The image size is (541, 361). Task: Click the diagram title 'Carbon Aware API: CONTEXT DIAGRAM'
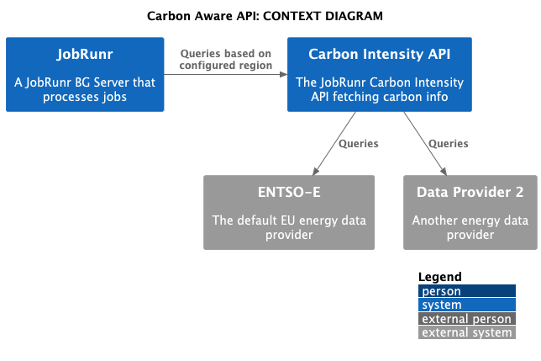[265, 16]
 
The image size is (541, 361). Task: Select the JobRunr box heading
[85, 54]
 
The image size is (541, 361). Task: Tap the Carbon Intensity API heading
[379, 54]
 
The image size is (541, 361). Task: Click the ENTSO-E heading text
[289, 192]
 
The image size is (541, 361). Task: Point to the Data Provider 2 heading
[470, 192]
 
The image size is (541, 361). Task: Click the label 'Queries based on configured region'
[226, 60]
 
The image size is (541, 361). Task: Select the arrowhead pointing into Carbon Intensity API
[283, 74]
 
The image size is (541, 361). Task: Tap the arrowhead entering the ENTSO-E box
[315, 172]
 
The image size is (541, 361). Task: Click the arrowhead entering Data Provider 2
[444, 172]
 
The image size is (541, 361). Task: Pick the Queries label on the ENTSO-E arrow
[359, 144]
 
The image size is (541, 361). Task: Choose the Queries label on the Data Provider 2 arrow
[449, 144]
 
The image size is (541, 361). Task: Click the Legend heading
[440, 277]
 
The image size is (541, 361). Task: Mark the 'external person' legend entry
[467, 319]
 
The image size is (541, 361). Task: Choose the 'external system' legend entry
[467, 332]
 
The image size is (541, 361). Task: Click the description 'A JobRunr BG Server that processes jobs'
[85, 89]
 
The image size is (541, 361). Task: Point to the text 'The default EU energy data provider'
[289, 227]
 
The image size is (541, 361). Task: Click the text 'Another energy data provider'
[470, 227]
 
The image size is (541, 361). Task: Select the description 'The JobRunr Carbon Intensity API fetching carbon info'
[379, 89]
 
